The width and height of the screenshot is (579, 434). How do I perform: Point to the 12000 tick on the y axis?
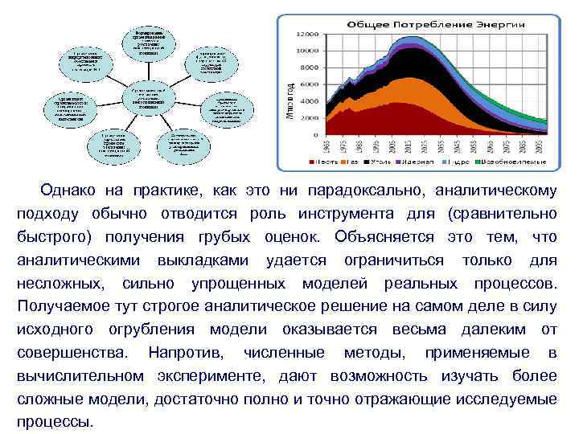(x=307, y=35)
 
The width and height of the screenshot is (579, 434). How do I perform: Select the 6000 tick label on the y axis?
(x=310, y=84)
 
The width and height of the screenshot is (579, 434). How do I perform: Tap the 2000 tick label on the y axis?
(x=310, y=117)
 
